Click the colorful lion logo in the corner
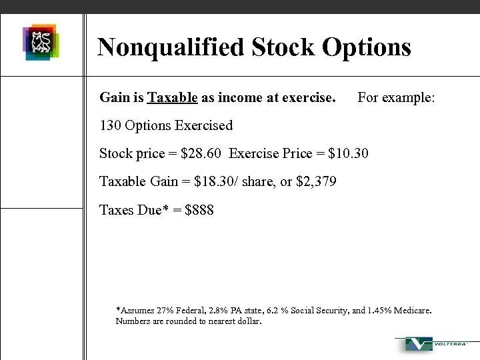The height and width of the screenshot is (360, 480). click(x=41, y=42)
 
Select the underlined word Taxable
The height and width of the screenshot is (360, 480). click(x=173, y=98)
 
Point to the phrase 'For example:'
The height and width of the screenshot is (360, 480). click(x=396, y=98)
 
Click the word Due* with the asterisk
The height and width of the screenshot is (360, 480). click(x=151, y=210)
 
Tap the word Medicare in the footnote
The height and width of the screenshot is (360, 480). click(x=411, y=311)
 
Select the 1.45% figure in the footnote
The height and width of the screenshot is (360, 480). click(x=376, y=311)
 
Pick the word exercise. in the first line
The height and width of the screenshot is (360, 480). click(x=309, y=98)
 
